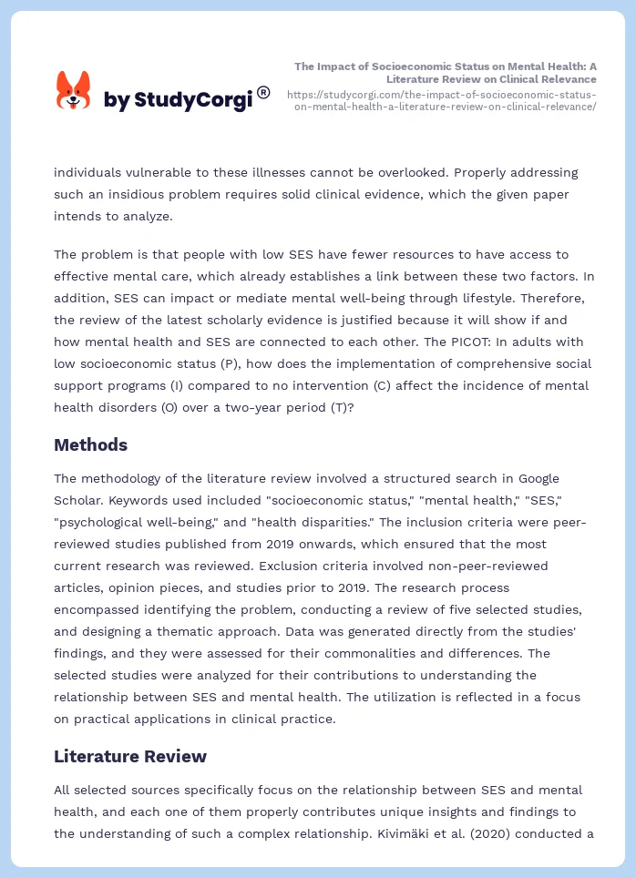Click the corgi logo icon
click(73, 91)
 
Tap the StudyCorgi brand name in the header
click(178, 100)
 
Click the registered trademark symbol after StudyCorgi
click(263, 92)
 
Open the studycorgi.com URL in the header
click(441, 100)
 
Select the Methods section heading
click(90, 445)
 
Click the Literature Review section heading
click(130, 756)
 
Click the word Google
click(538, 478)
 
